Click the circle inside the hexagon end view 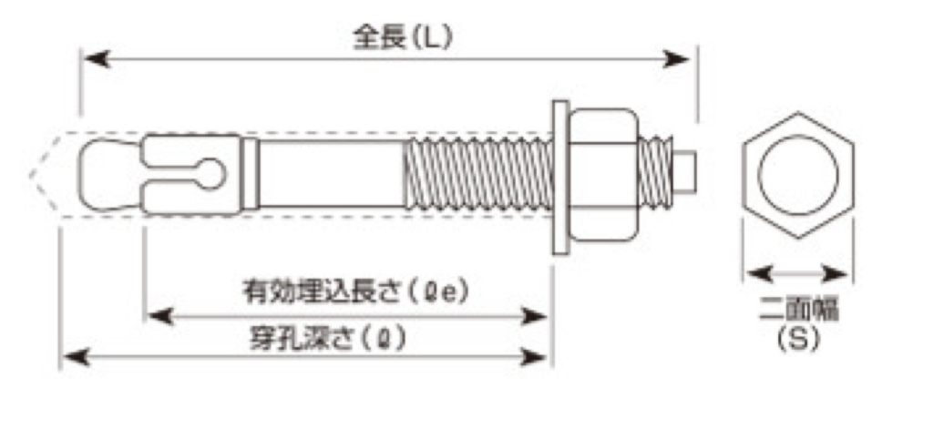(x=798, y=175)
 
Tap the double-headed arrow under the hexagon (x=798, y=272)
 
